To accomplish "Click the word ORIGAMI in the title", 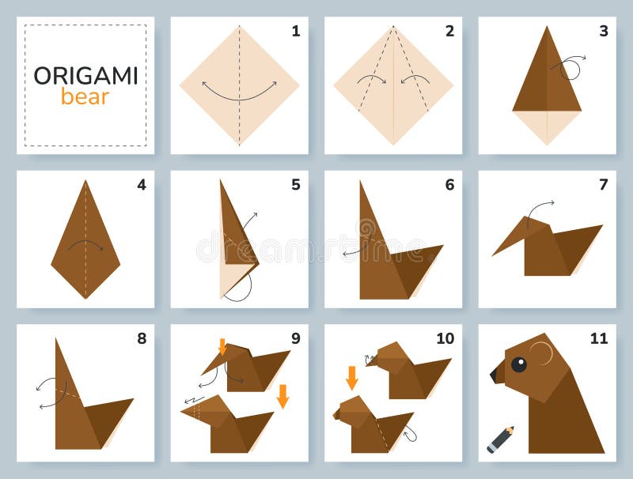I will (85, 76).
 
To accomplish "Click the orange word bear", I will (85, 97).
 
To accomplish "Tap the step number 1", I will (295, 32).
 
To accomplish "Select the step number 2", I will (449, 32).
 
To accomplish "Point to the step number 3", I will (603, 32).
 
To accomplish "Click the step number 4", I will (141, 186).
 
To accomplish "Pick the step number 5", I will (295, 186).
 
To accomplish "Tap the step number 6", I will (449, 186).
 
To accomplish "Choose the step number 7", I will (603, 186).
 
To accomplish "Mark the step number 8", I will (141, 339).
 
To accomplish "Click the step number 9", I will (295, 339).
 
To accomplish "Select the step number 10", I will (445, 339).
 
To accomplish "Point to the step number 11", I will (598, 339).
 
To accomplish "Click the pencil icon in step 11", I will (500, 439).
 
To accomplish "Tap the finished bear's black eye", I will (518, 364).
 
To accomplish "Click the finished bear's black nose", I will (497, 374).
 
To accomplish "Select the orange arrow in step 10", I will (351, 377).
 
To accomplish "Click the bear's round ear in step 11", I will (541, 353).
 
